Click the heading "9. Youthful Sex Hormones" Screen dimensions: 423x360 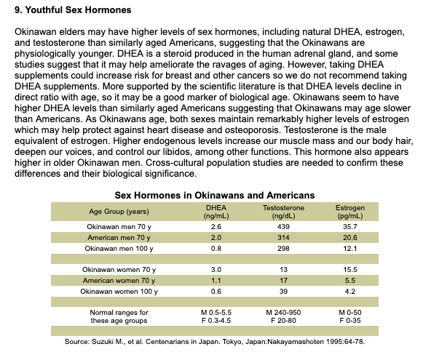tap(73, 10)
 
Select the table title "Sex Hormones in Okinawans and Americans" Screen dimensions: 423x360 tap(215, 195)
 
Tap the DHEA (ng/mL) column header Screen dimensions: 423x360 tap(216, 212)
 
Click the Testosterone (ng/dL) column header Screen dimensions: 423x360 tap(283, 212)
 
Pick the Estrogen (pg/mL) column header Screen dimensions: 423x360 tap(350, 212)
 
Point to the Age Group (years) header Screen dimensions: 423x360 tap(119, 212)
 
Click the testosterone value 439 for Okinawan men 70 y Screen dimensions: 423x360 tap(283, 227)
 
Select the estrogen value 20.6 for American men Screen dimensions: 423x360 tap(350, 237)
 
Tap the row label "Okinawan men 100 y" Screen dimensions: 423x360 tap(119, 248)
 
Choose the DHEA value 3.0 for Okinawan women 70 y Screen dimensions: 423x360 tap(216, 270)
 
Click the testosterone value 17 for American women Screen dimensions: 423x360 tap(283, 281)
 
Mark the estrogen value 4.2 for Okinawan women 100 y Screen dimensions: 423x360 tap(350, 292)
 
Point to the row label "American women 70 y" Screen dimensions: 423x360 tap(119, 281)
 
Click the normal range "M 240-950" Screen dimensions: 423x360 tap(283, 312)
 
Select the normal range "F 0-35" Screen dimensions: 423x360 tap(350, 321)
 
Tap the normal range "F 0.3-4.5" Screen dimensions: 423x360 tap(216, 321)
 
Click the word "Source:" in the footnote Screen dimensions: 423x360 tap(77, 342)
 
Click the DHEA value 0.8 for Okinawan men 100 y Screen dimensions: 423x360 tap(216, 248)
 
